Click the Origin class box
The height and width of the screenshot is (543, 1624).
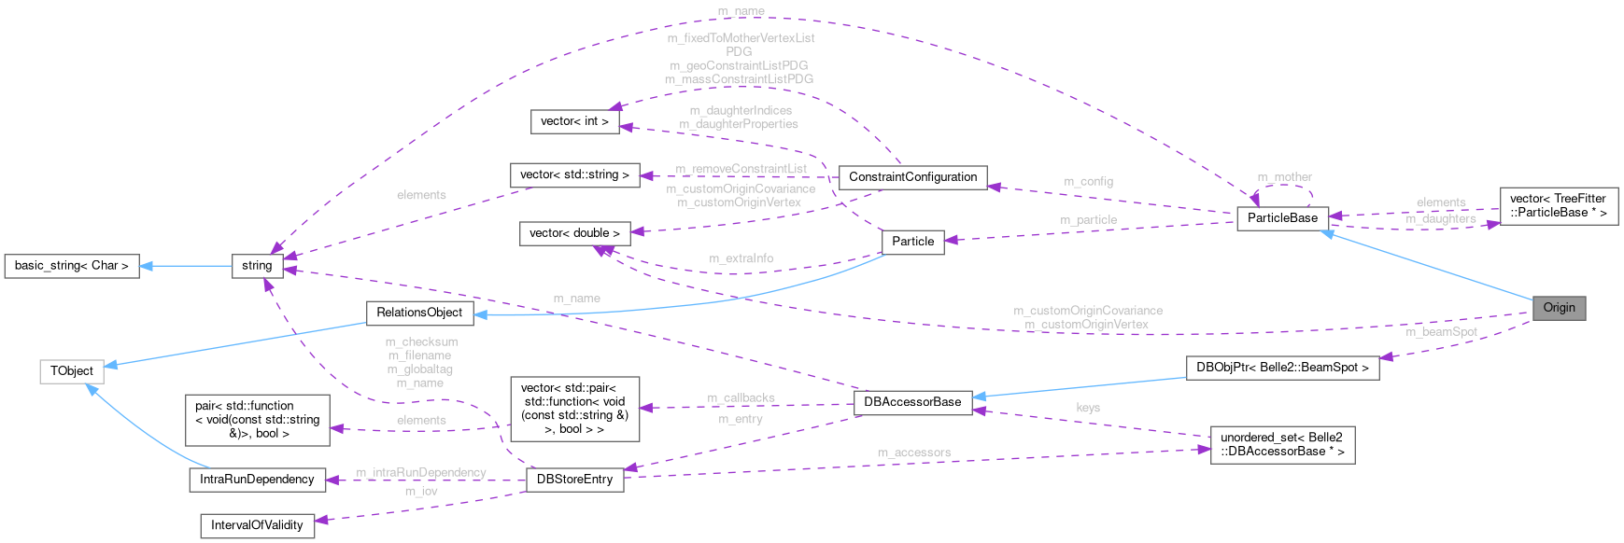coord(1558,308)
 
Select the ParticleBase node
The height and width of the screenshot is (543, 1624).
coord(1282,218)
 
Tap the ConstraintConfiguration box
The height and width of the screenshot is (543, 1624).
coord(912,177)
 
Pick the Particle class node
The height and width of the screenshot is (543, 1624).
coord(912,242)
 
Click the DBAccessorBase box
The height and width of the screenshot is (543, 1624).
coord(911,402)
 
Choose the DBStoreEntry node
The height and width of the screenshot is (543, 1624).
coord(574,480)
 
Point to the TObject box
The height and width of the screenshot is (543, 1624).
coord(72,371)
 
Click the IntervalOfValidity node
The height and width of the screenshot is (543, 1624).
coord(257,525)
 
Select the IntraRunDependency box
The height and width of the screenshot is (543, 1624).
coord(257,480)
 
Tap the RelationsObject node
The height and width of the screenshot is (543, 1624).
coord(419,313)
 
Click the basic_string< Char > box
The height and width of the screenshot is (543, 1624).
coord(72,266)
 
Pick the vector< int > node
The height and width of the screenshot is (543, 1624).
coord(574,121)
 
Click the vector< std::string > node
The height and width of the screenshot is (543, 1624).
coord(574,174)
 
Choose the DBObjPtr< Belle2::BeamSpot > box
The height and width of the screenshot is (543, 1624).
coord(1282,368)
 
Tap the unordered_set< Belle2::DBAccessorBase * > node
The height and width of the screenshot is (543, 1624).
coord(1281,444)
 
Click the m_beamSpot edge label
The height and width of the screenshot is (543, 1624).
coord(1441,332)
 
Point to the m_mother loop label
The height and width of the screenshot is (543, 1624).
coord(1284,177)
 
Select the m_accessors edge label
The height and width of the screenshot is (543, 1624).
coord(913,453)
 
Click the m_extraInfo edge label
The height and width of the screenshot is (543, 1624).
coord(741,258)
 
